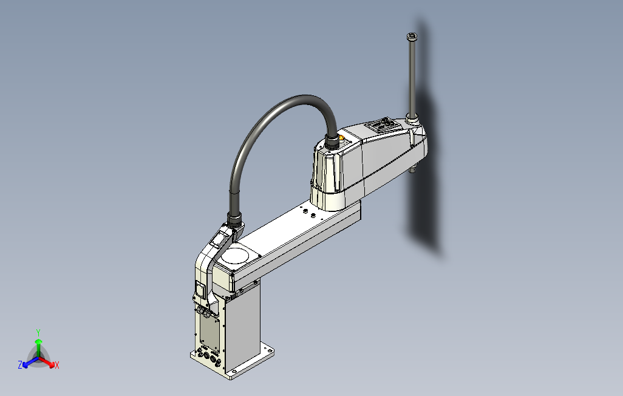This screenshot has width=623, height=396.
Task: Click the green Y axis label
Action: (38, 332)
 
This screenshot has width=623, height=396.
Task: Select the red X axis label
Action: (56, 365)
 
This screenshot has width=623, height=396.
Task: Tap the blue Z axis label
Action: (20, 365)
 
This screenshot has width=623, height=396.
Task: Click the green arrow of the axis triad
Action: (38, 344)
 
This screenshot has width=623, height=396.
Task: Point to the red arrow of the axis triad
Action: (49, 363)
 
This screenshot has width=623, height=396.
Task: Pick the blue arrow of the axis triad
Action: (27, 363)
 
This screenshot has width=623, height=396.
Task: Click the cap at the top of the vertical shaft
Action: (412, 37)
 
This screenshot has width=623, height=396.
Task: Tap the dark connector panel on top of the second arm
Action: (381, 126)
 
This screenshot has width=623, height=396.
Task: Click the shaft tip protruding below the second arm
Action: (413, 169)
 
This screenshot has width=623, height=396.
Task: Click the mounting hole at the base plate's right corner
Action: (265, 349)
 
